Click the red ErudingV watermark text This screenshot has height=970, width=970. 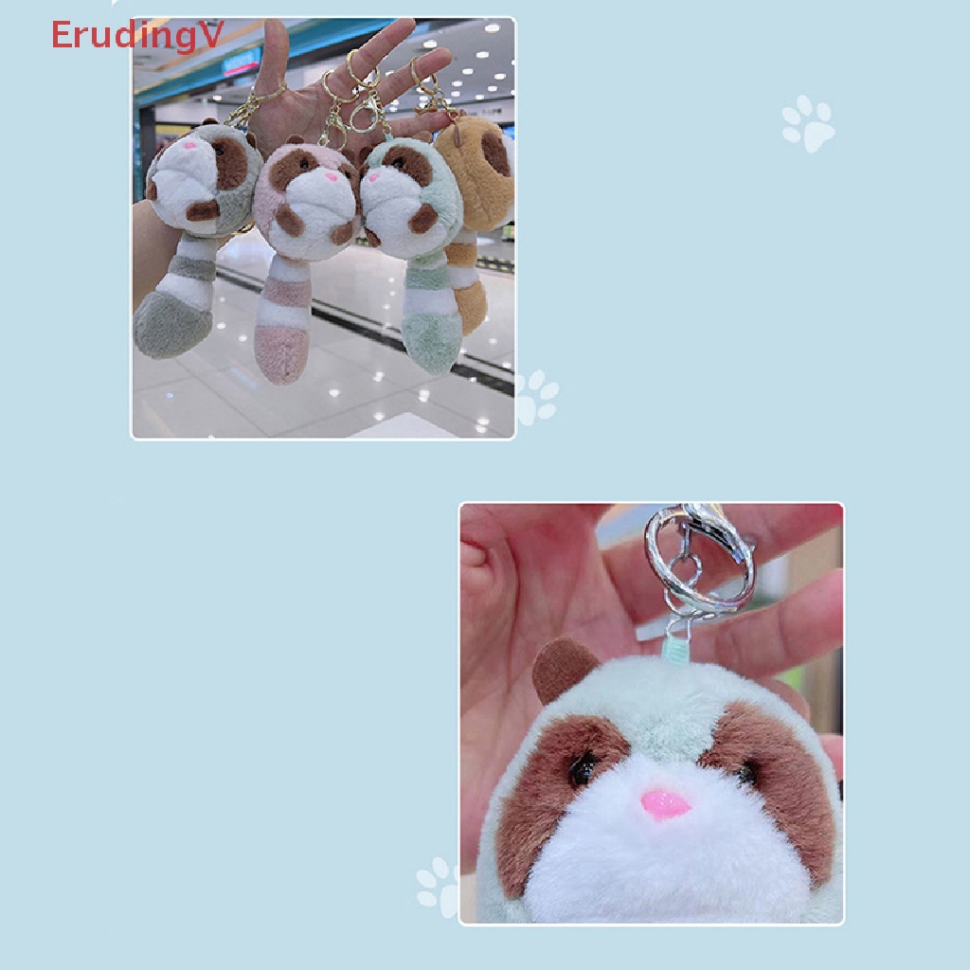(x=136, y=35)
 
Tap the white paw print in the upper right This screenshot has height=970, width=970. (x=808, y=123)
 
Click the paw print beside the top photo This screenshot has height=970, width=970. (x=536, y=397)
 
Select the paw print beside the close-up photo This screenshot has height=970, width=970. (x=438, y=887)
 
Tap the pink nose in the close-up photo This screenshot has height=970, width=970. (x=665, y=803)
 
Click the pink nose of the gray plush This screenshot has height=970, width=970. (x=189, y=148)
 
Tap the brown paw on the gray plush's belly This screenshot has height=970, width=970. (x=202, y=210)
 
